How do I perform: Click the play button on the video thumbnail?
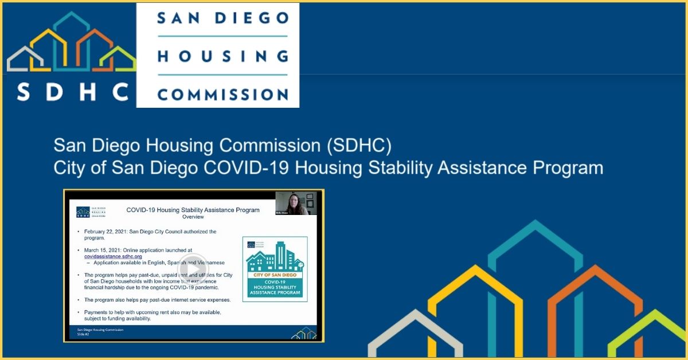click(x=193, y=269)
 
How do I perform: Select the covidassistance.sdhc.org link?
click(x=113, y=257)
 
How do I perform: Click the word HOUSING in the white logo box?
click(x=222, y=56)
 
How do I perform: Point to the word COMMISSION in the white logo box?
click(x=222, y=93)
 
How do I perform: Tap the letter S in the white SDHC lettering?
click(x=24, y=91)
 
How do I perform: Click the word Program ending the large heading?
click(x=568, y=168)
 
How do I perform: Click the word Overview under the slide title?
click(x=193, y=218)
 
